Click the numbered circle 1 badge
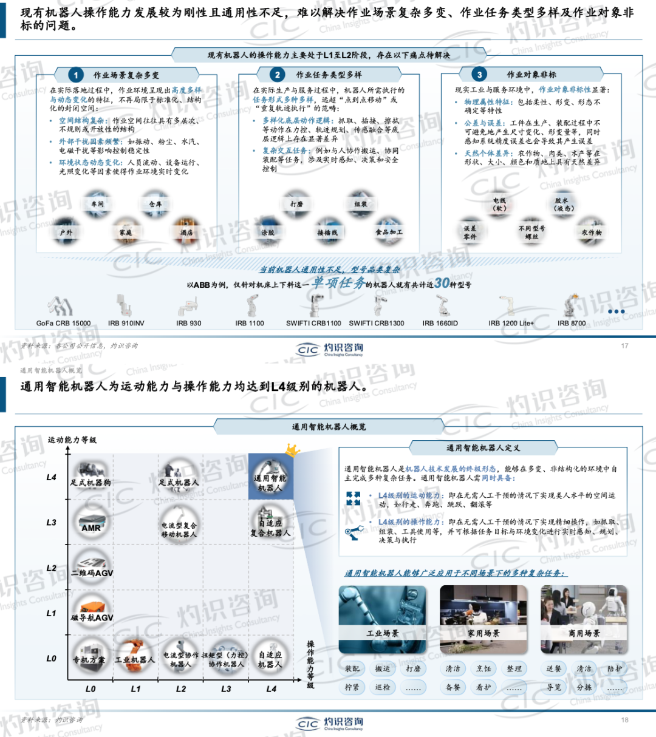(x=76, y=75)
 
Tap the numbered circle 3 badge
(x=480, y=75)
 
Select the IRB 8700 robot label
(x=572, y=323)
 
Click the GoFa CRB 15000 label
(x=63, y=323)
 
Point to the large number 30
(x=442, y=283)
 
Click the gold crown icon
(x=292, y=450)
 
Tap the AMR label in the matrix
(x=91, y=528)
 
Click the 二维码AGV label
(x=92, y=572)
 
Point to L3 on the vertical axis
(x=52, y=522)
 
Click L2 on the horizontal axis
(x=181, y=689)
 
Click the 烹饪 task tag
(x=483, y=668)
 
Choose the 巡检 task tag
(x=383, y=687)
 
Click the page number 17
(x=624, y=345)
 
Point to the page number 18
(x=624, y=720)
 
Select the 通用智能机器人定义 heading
(x=483, y=448)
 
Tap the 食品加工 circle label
(x=389, y=232)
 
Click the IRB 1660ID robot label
(x=440, y=323)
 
